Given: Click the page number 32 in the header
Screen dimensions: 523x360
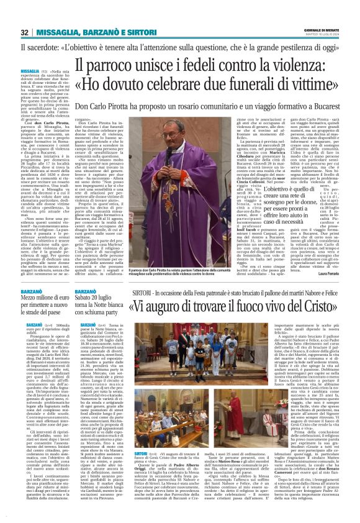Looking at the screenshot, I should point(24,33).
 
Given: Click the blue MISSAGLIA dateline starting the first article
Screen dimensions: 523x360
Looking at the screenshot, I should point(30,71).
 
